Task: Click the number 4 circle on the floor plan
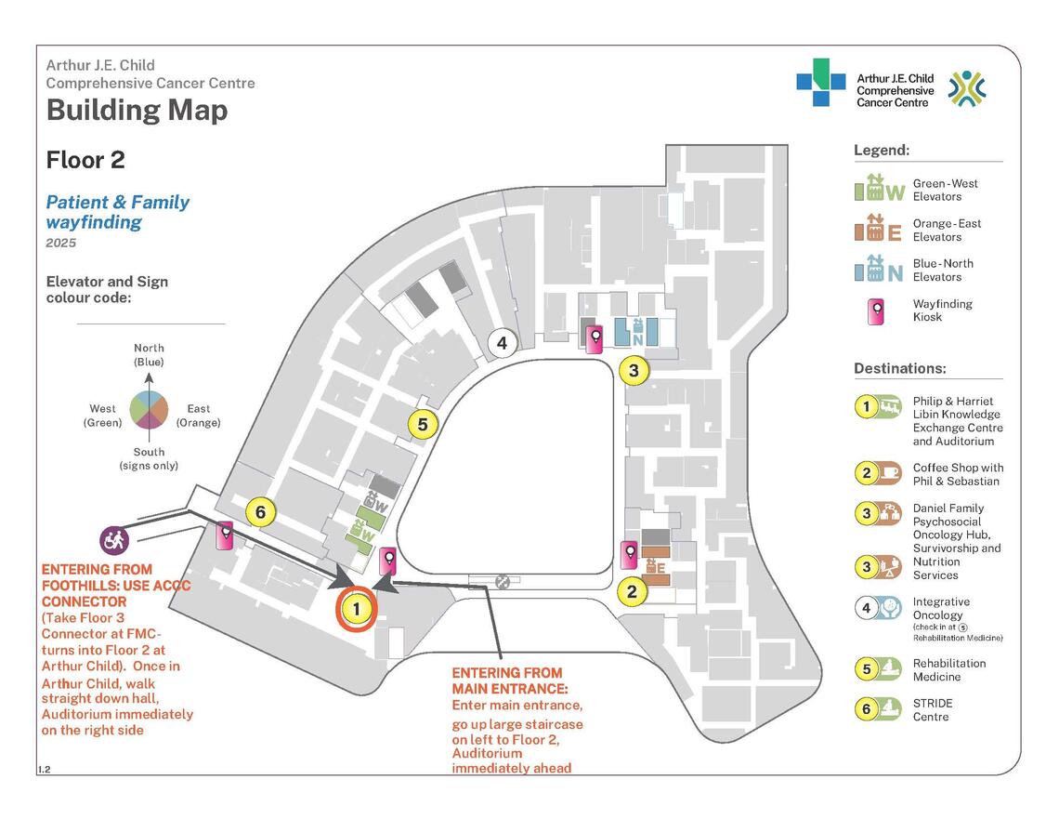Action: pyautogui.click(x=502, y=343)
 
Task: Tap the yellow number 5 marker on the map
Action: pyautogui.click(x=422, y=425)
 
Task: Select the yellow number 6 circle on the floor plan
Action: pyautogui.click(x=261, y=511)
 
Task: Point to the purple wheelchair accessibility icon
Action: pyautogui.click(x=114, y=538)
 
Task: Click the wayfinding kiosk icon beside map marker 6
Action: pyautogui.click(x=225, y=536)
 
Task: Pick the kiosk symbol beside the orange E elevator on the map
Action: pyautogui.click(x=630, y=555)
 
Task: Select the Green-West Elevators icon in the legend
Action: pyautogui.click(x=879, y=189)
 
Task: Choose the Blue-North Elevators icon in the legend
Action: pyautogui.click(x=879, y=270)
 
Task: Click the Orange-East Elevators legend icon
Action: pyautogui.click(x=879, y=230)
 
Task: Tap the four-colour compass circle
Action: pyautogui.click(x=149, y=410)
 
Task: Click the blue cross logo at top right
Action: pyautogui.click(x=820, y=83)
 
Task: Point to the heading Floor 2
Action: pyautogui.click(x=85, y=160)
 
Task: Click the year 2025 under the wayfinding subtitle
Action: pyautogui.click(x=60, y=244)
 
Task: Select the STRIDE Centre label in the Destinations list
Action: pyautogui.click(x=933, y=710)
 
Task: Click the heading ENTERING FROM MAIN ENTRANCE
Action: pyautogui.click(x=507, y=680)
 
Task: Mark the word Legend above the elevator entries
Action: pyautogui.click(x=882, y=150)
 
